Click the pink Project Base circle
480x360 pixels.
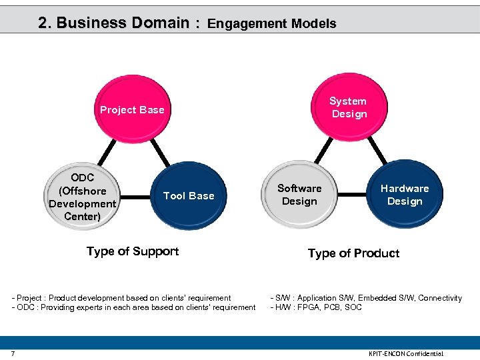click(132, 110)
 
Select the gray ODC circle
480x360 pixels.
click(83, 197)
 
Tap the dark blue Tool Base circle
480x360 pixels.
click(189, 195)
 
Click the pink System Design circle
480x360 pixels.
click(349, 107)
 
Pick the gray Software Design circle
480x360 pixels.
click(299, 195)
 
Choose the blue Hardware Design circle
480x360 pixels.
click(405, 195)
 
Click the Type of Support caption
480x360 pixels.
click(133, 251)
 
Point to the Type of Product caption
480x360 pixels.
click(353, 253)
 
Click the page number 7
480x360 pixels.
click(13, 353)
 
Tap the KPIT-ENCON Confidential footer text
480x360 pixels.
click(405, 353)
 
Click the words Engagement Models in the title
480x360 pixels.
click(271, 23)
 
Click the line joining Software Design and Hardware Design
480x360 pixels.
click(352, 195)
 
